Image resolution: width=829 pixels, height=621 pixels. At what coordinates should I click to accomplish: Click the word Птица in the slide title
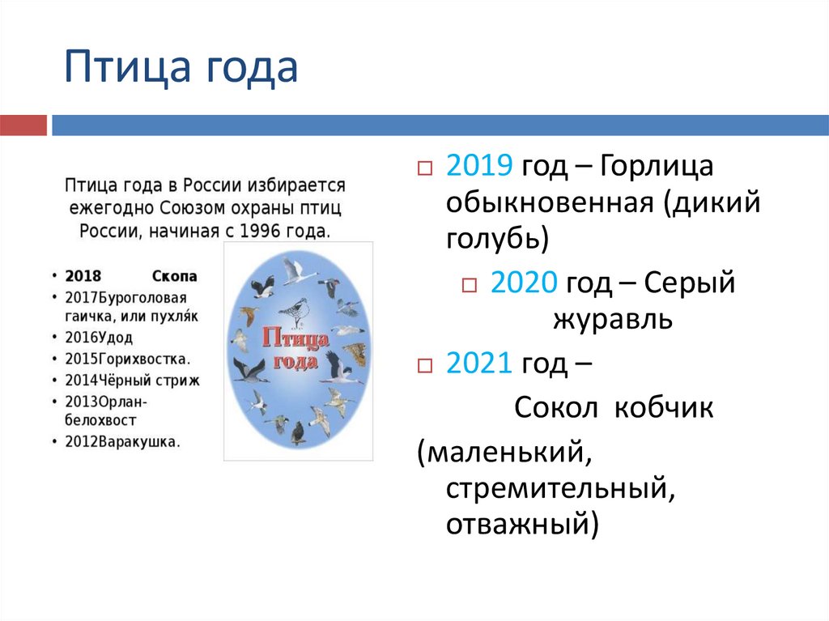pos(127,67)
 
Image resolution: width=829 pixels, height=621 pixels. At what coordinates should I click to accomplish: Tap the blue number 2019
pos(479,165)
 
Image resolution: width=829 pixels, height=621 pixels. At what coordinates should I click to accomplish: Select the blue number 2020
pos(524,282)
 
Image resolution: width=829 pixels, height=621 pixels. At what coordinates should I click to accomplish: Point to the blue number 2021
pos(478,363)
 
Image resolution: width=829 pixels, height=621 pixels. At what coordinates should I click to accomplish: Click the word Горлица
pos(656,166)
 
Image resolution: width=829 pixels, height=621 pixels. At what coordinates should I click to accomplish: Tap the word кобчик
pos(664,407)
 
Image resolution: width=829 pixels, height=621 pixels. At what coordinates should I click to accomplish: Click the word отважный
pos(522,524)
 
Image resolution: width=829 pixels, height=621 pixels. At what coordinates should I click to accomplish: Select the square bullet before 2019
pos(425,168)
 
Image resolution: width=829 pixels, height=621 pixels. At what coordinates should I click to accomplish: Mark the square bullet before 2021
pos(425,365)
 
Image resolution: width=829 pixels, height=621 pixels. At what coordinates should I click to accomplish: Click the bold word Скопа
pos(175,276)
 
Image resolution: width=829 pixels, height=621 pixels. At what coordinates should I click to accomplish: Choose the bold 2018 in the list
pos(83,276)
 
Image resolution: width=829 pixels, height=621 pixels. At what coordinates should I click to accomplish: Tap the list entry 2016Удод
pos(99,337)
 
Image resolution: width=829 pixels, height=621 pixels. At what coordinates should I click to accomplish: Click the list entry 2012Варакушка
pos(123,442)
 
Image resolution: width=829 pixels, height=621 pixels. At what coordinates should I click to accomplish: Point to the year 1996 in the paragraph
pos(261,232)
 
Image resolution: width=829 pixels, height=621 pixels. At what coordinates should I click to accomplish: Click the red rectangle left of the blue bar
pos(23,125)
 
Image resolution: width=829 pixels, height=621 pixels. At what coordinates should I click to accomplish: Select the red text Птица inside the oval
pos(295,338)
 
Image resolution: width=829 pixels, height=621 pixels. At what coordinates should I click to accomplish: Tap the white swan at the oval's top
pos(297,270)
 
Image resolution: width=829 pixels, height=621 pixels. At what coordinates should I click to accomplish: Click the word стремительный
pos(560,488)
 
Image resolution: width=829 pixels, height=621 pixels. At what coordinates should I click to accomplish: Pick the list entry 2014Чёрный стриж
pos(132,381)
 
